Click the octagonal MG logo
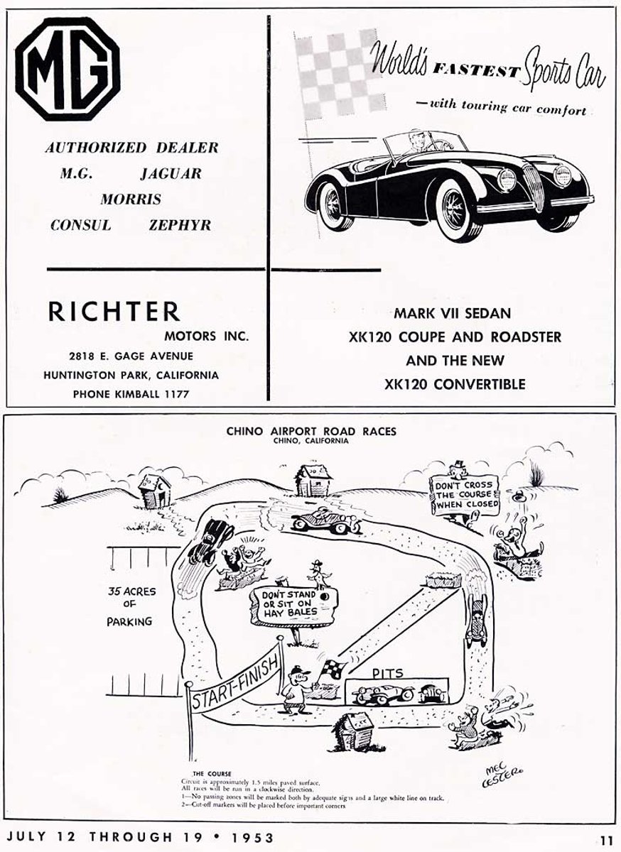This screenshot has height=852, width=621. pos(67,69)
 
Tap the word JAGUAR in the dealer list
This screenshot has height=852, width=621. pos(171,173)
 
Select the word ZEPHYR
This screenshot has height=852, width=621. pos(180,225)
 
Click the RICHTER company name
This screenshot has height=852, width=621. pos(114,311)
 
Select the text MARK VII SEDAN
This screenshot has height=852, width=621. pos(453,312)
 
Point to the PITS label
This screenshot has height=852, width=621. pos(388,671)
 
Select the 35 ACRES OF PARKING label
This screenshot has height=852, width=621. pos(129,606)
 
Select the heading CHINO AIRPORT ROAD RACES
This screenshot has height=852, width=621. pos(311,430)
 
